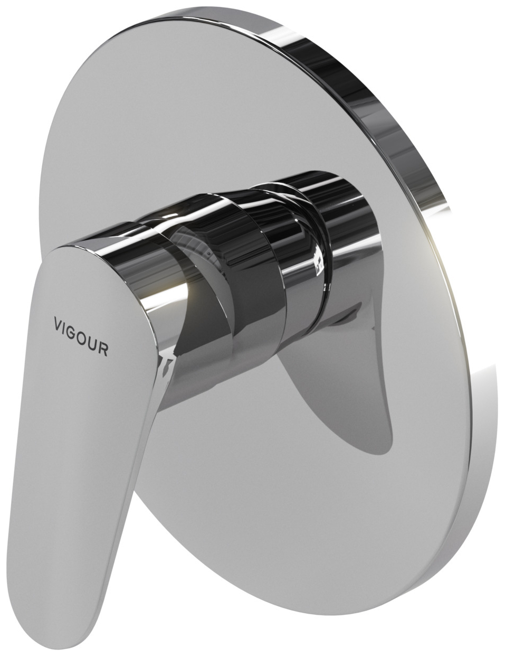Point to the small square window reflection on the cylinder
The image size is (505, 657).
click(x=318, y=261)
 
